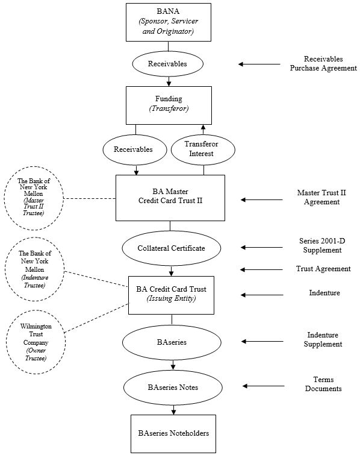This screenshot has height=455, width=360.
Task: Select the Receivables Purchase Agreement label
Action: pyautogui.click(x=323, y=63)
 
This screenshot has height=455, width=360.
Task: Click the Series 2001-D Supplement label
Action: pyautogui.click(x=322, y=245)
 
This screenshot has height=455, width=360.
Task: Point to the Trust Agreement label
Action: pyautogui.click(x=323, y=269)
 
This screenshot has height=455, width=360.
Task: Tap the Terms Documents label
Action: pyautogui.click(x=323, y=384)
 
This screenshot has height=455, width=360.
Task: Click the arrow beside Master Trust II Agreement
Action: pyautogui.click(x=262, y=199)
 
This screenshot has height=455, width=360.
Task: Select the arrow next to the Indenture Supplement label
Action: pyautogui.click(x=262, y=342)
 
